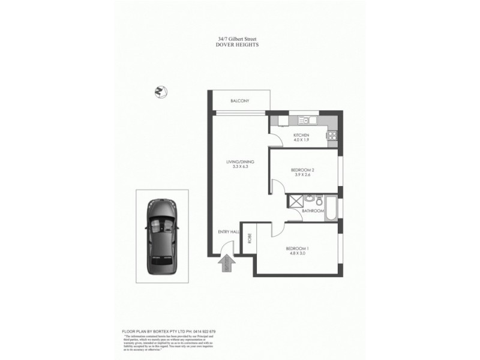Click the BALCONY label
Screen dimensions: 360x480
(239, 101)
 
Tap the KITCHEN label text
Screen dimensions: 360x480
(301, 136)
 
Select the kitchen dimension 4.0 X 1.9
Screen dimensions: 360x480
(301, 140)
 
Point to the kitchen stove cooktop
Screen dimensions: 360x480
(331, 136)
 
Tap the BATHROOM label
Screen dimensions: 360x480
(313, 211)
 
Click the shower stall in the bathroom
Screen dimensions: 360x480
(295, 200)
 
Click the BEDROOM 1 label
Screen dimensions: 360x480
(296, 248)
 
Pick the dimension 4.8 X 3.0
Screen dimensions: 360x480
(296, 254)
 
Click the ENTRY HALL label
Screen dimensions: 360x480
(228, 230)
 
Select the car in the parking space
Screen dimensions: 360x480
(161, 234)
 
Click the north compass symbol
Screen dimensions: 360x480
(160, 91)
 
